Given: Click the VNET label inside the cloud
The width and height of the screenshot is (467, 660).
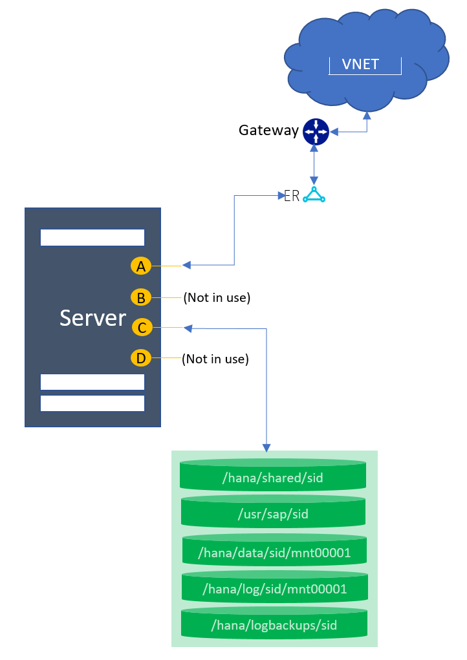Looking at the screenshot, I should (360, 64).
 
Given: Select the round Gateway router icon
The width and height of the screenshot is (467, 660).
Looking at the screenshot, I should (316, 131).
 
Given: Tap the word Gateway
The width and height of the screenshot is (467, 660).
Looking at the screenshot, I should (268, 131).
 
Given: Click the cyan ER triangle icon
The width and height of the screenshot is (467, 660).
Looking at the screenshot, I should (314, 195).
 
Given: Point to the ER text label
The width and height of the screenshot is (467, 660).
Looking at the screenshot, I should (292, 196).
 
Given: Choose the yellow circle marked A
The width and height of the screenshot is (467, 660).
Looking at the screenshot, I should (140, 265).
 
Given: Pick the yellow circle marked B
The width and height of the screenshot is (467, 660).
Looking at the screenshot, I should (140, 297).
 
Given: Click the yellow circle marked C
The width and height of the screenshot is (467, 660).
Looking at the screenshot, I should (142, 328).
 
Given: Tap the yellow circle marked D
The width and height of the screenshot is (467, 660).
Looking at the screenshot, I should (140, 357).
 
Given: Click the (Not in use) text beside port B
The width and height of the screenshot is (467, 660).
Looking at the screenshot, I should (217, 298).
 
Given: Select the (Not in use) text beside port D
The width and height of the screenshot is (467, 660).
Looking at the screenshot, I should (215, 359).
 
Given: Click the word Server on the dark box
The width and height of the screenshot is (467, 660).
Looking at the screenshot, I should (92, 318).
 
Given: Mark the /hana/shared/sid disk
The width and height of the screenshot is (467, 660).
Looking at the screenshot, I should (272, 478).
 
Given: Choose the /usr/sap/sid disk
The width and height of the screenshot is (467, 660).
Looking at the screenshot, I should (274, 515).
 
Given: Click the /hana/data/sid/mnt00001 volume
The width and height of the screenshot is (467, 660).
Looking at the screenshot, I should (274, 553).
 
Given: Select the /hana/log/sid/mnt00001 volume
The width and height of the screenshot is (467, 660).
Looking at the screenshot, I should (274, 589).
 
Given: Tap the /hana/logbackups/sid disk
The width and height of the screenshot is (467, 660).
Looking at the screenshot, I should (274, 625).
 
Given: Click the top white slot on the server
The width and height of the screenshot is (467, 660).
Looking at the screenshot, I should (92, 237).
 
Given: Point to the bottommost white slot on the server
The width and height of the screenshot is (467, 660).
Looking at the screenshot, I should (92, 403).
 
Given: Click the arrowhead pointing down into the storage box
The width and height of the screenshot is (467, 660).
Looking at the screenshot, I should (266, 447).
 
